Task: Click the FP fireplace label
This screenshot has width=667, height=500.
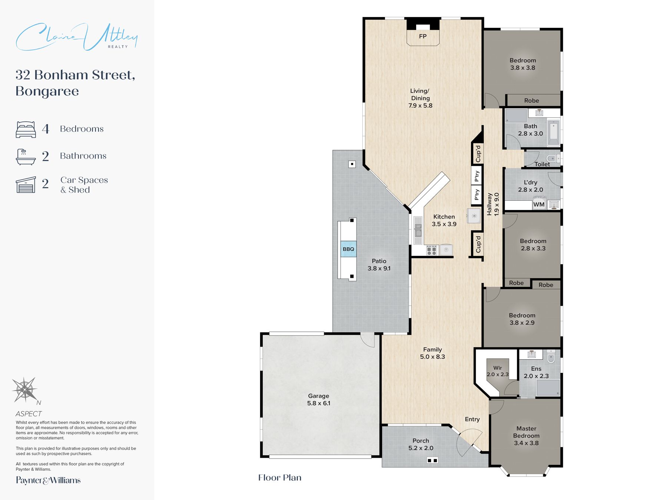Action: pyautogui.click(x=423, y=36)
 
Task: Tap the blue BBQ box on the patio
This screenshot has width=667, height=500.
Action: pyautogui.click(x=348, y=249)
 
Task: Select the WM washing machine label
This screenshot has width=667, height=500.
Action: pyautogui.click(x=539, y=204)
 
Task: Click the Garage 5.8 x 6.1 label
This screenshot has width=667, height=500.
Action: pyautogui.click(x=319, y=400)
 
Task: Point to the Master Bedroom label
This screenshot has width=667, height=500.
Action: pyautogui.click(x=526, y=436)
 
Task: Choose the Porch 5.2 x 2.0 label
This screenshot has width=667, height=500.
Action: pyautogui.click(x=421, y=444)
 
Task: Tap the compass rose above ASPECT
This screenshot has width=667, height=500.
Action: pyautogui.click(x=25, y=390)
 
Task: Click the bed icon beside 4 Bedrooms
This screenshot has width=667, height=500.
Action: pyautogui.click(x=26, y=129)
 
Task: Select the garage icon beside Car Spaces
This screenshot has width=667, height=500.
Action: pyautogui.click(x=26, y=184)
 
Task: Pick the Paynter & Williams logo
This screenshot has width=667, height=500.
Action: pyautogui.click(x=48, y=480)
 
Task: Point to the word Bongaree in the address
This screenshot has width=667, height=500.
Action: pyautogui.click(x=47, y=91)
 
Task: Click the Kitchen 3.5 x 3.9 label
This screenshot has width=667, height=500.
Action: pyautogui.click(x=444, y=220)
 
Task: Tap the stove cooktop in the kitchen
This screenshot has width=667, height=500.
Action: pyautogui.click(x=432, y=250)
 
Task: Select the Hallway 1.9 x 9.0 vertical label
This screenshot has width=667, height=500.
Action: pyautogui.click(x=493, y=204)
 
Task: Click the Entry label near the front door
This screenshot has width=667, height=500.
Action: pyautogui.click(x=472, y=419)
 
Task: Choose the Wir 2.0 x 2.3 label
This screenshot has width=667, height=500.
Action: pyautogui.click(x=498, y=371)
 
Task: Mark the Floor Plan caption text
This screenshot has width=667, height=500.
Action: pyautogui.click(x=280, y=478)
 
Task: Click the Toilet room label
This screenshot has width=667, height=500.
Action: pyautogui.click(x=542, y=164)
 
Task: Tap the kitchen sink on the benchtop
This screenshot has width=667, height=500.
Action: pyautogui.click(x=418, y=230)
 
